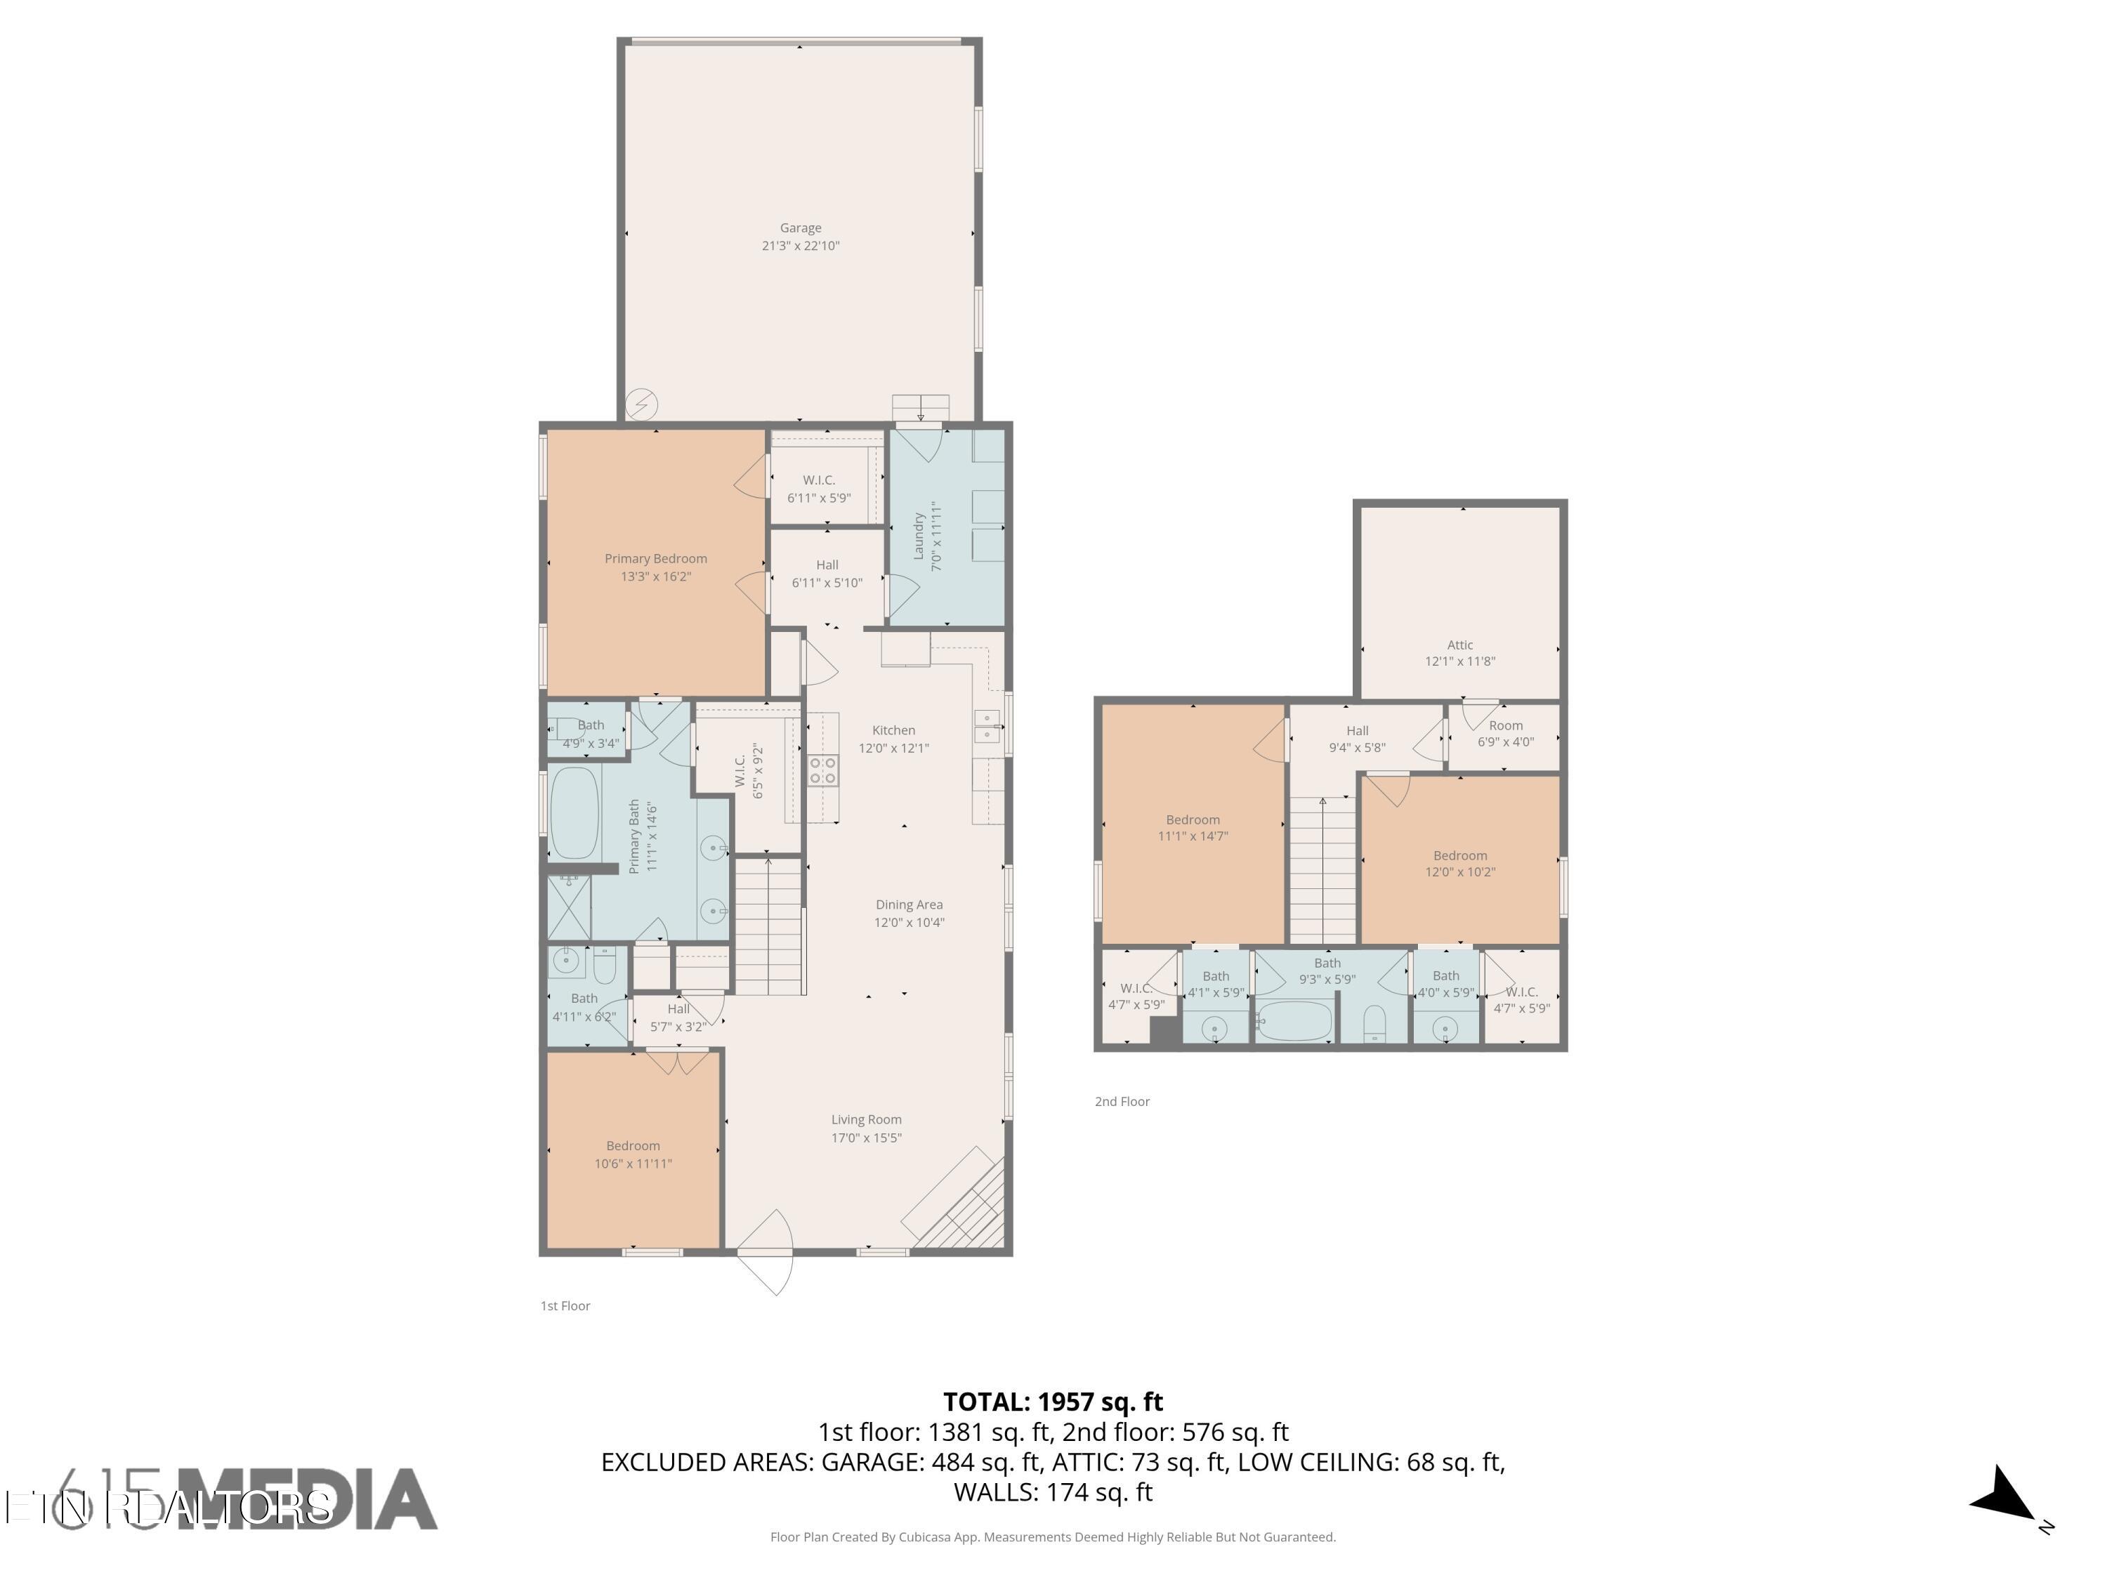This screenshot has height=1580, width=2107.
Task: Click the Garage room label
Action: pos(800,228)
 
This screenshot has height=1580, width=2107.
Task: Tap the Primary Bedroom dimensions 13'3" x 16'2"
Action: pos(655,577)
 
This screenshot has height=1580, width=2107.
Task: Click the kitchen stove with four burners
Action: pos(823,770)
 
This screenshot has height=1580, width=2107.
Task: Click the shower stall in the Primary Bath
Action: pos(569,907)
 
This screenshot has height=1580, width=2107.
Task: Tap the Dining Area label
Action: pos(909,904)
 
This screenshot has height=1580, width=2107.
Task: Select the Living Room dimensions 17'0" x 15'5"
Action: pos(866,1137)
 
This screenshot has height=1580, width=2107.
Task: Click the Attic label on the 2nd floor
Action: pos(1459,645)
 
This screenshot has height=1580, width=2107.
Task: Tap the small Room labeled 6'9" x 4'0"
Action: pos(1505,733)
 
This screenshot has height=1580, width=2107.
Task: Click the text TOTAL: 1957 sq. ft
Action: pos(1053,1402)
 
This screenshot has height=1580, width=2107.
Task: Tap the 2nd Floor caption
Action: pos(1122,1102)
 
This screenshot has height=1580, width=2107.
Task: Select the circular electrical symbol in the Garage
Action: pos(641,404)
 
